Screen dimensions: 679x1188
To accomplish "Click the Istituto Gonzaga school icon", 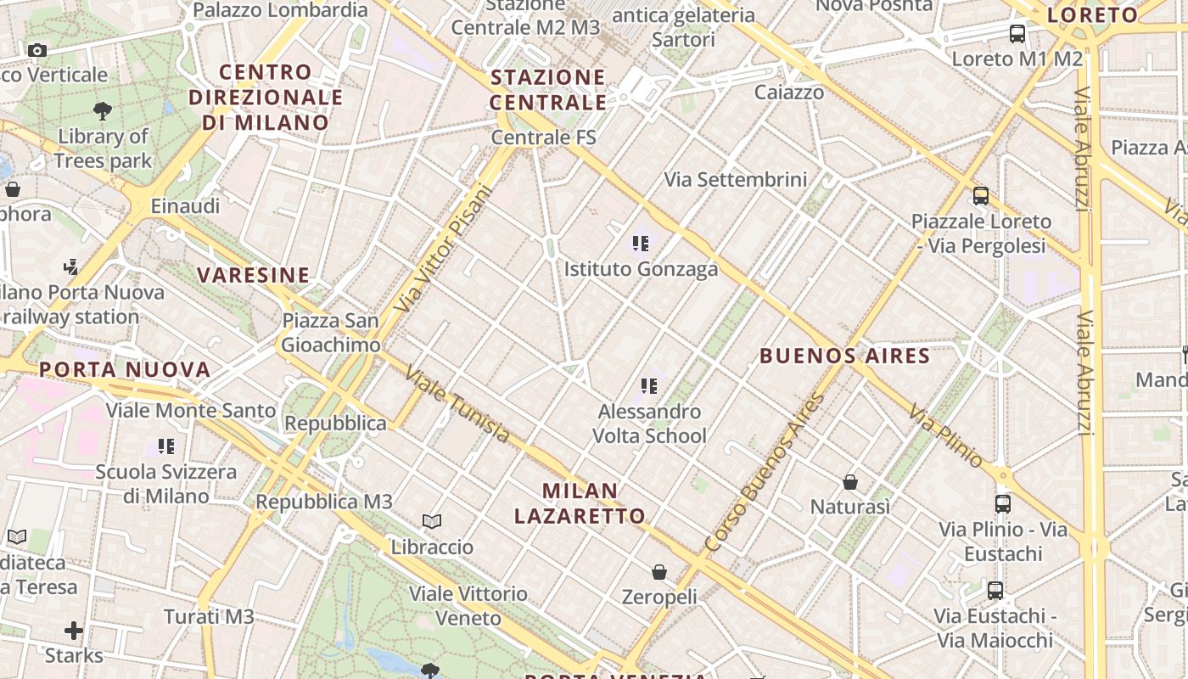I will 641,244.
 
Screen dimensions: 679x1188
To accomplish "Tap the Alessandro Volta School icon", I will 649,386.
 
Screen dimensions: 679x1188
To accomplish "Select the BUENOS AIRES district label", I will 844,356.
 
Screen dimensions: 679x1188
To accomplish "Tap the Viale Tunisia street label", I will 458,404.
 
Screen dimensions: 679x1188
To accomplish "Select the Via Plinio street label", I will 946,435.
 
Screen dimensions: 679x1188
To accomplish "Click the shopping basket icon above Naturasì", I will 850,482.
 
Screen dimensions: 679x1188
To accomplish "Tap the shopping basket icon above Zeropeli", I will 659,572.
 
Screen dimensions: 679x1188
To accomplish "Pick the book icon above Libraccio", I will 432,521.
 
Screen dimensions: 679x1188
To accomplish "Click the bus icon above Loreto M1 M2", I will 1017,34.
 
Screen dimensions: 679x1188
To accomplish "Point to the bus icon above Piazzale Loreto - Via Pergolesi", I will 981,196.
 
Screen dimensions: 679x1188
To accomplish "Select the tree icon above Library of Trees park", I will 103,110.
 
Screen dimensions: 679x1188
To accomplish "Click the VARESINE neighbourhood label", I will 254,275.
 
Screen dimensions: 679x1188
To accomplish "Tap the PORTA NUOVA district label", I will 125,369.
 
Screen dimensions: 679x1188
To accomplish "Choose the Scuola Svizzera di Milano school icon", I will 166,446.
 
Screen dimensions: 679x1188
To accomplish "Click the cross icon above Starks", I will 74,631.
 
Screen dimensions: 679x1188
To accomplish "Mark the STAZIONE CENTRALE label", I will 549,90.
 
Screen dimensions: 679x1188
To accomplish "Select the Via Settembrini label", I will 735,179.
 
